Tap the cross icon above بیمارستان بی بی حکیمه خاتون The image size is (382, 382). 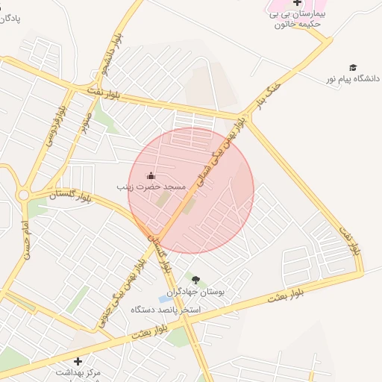coord(297,3)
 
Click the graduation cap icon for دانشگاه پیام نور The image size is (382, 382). coord(353,67)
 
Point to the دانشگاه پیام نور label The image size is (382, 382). coord(353,78)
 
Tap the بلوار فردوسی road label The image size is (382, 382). coord(56,120)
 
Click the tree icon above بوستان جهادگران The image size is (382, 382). coord(195,280)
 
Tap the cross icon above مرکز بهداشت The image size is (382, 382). coord(78,361)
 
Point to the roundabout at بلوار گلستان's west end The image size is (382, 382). coord(23,195)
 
